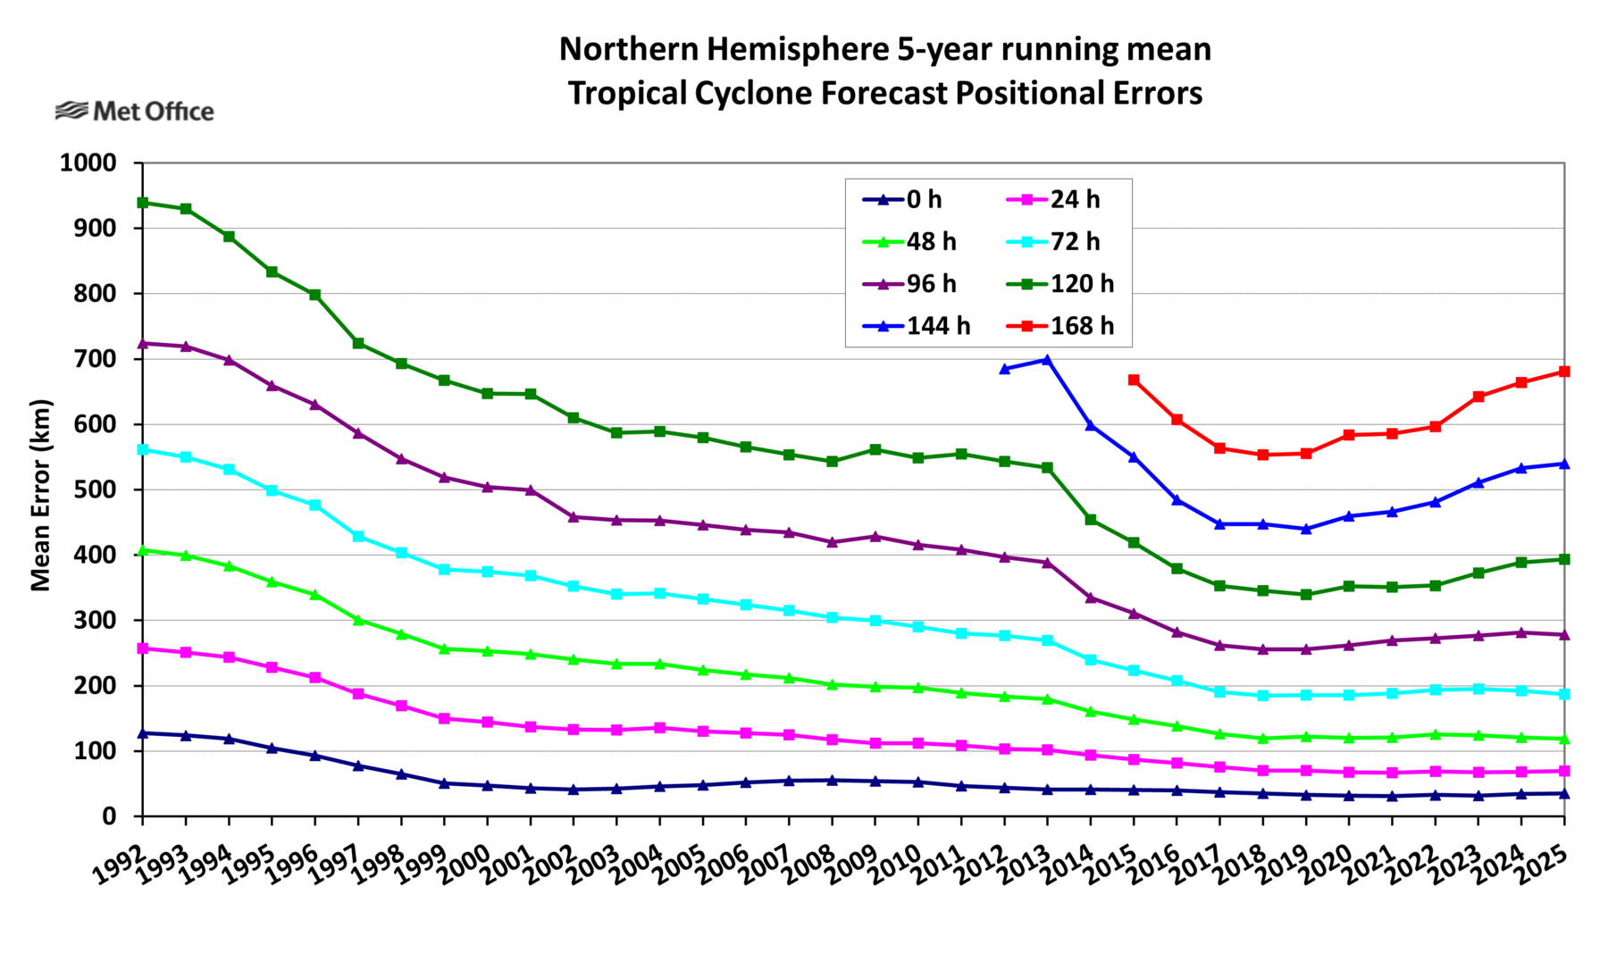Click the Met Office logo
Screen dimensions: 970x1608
(135, 112)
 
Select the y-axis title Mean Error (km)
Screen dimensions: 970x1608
(41, 495)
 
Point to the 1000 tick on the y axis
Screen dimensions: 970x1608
(88, 163)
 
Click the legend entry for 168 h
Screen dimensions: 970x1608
(1082, 326)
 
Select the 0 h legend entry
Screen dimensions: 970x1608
(924, 199)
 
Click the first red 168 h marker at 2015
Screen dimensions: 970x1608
(1134, 380)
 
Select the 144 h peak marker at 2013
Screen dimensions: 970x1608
(1047, 360)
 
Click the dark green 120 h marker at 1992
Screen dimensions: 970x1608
(143, 203)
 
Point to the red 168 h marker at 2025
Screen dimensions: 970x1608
(1564, 372)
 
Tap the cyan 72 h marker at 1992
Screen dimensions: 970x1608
(143, 449)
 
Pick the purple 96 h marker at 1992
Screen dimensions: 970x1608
(143, 344)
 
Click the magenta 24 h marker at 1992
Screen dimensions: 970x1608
(143, 648)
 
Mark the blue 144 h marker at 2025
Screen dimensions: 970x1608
(1564, 464)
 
